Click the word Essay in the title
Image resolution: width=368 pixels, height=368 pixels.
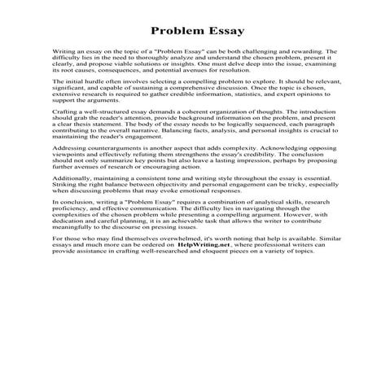coord(210,25)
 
